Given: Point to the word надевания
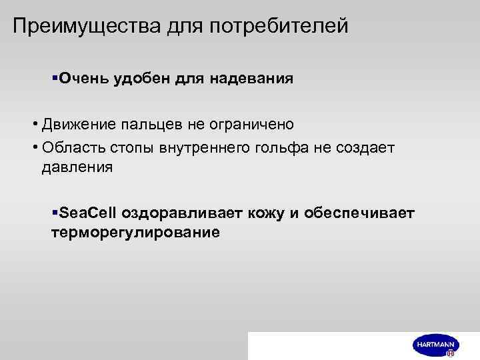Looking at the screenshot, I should (252, 79).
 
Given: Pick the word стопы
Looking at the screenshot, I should (134, 147).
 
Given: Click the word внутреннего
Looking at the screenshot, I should (205, 147).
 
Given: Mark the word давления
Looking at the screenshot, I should (77, 167).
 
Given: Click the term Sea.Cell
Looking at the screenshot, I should (87, 213).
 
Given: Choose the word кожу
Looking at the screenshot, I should (261, 213).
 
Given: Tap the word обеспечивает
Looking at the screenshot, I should (359, 213).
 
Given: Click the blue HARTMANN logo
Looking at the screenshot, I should (434, 344).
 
